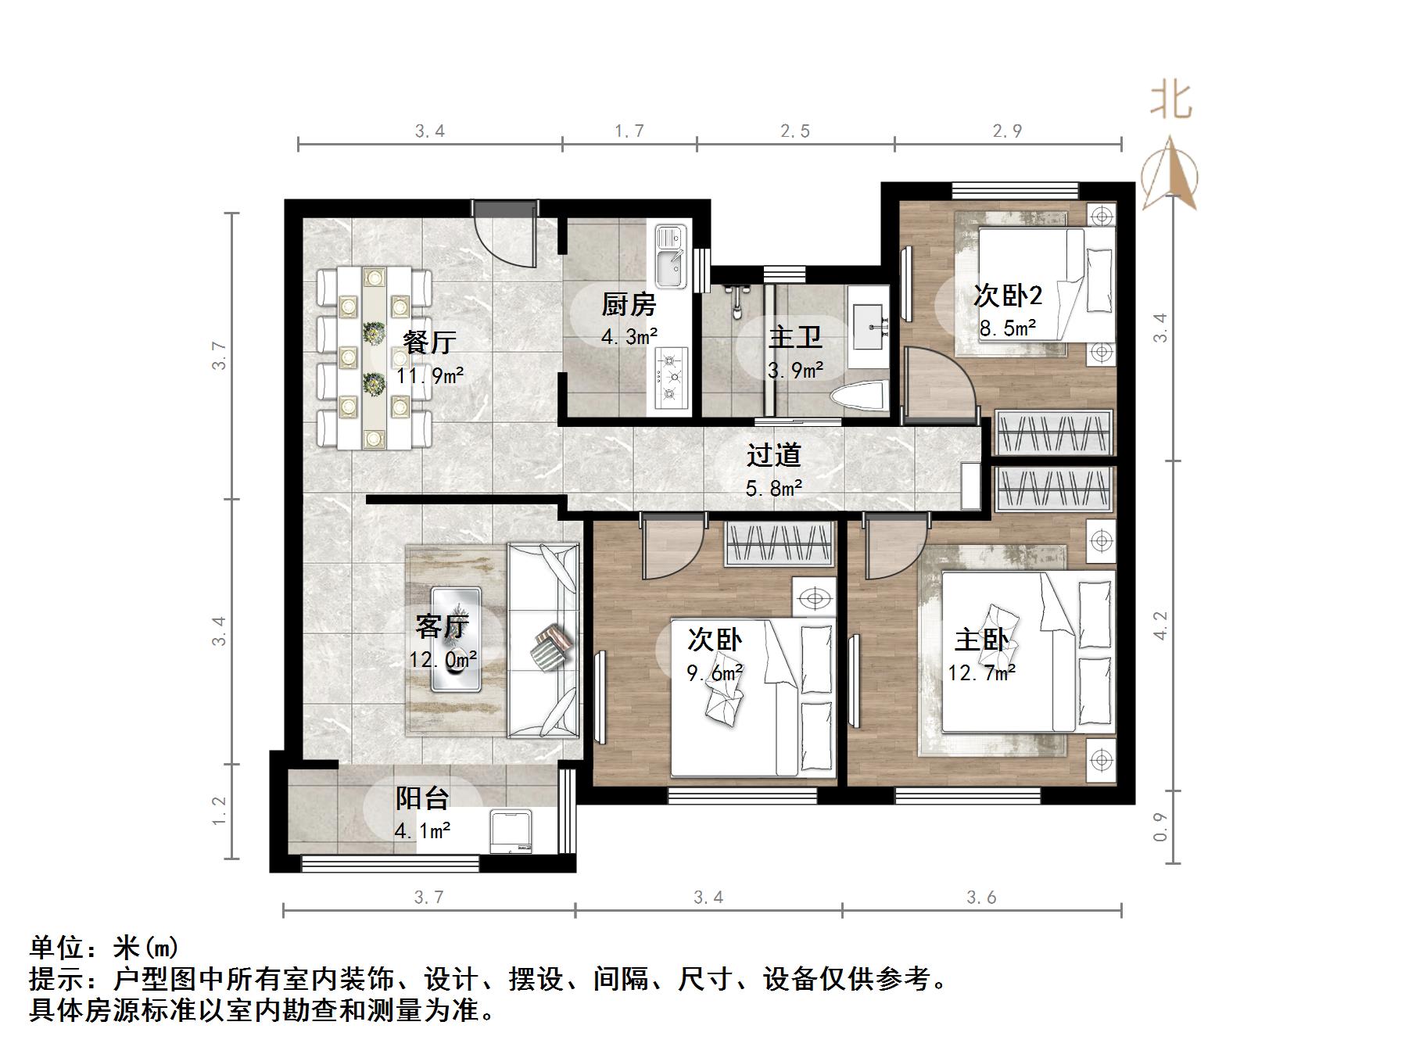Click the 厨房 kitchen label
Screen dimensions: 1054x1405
click(x=629, y=304)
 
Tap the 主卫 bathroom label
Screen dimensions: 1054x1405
click(x=794, y=338)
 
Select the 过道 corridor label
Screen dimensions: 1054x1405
click(x=773, y=455)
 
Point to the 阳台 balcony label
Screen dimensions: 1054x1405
click(x=422, y=798)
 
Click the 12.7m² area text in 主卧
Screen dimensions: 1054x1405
click(x=981, y=672)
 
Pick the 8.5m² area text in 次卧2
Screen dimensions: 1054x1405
click(x=1008, y=328)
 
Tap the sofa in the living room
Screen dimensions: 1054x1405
click(x=543, y=640)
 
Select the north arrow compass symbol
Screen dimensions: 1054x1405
click(x=1170, y=174)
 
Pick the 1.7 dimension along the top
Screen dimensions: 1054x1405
click(x=629, y=131)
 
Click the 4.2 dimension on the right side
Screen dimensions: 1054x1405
click(x=1160, y=626)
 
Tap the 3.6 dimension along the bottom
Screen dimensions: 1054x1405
click(x=981, y=897)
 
